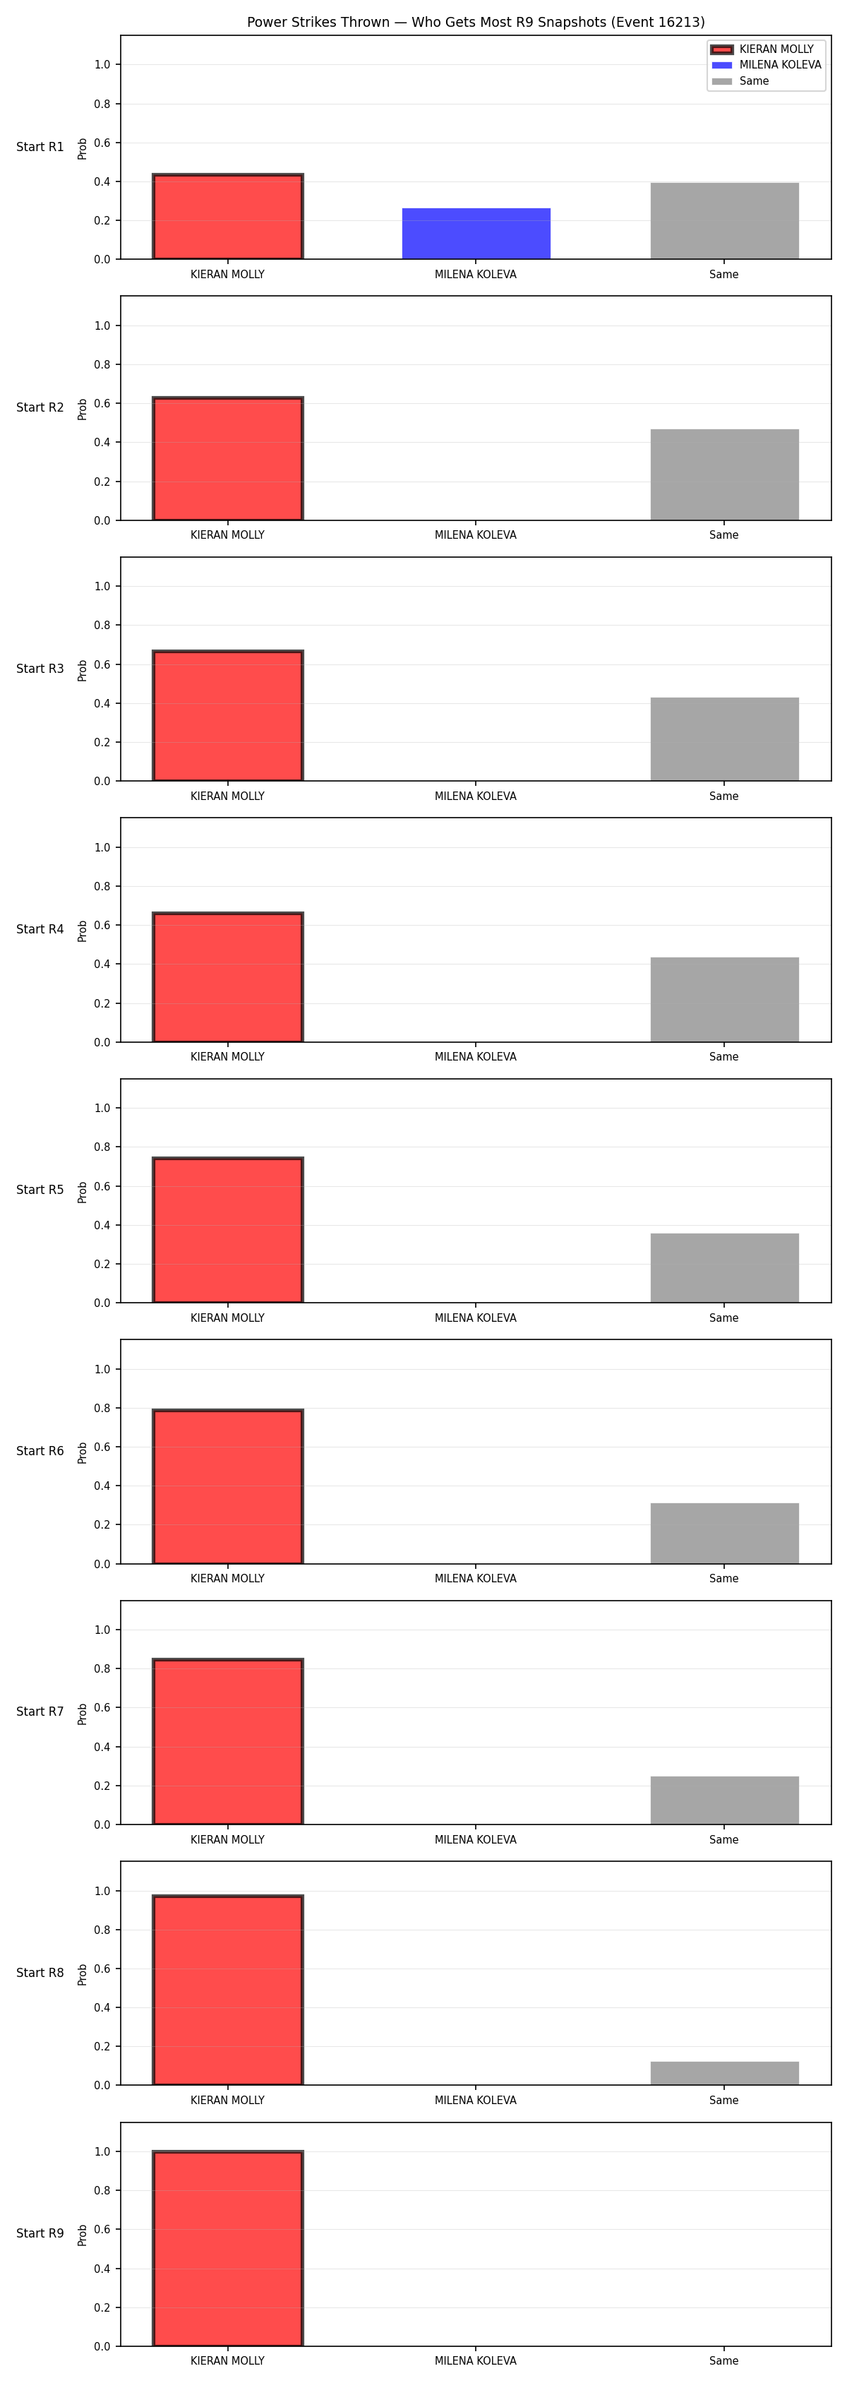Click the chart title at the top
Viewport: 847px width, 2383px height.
pos(475,22)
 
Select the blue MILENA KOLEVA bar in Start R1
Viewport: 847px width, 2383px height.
pos(476,233)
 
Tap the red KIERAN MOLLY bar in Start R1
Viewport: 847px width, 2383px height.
pos(227,217)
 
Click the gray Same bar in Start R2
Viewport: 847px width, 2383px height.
pos(724,474)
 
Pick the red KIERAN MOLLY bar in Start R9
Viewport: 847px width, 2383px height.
pos(227,2249)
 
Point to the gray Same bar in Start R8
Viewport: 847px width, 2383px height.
pos(724,2073)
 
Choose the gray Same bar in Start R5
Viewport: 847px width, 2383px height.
pos(724,1267)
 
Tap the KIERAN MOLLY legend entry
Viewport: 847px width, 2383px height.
pos(763,49)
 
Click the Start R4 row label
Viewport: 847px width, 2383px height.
pos(40,928)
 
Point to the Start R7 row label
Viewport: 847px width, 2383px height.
pos(40,1712)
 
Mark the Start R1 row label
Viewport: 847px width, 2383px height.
pos(40,147)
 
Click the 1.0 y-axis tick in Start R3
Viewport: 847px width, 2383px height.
pos(102,587)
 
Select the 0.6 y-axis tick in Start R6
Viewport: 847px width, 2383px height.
pos(102,1447)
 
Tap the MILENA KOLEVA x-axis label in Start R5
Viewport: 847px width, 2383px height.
pos(475,1318)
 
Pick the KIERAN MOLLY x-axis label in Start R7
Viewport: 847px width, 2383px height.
pos(227,1840)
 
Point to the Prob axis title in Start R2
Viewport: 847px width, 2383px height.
pos(83,409)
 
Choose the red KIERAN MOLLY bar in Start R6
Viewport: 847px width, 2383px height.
pos(227,1486)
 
